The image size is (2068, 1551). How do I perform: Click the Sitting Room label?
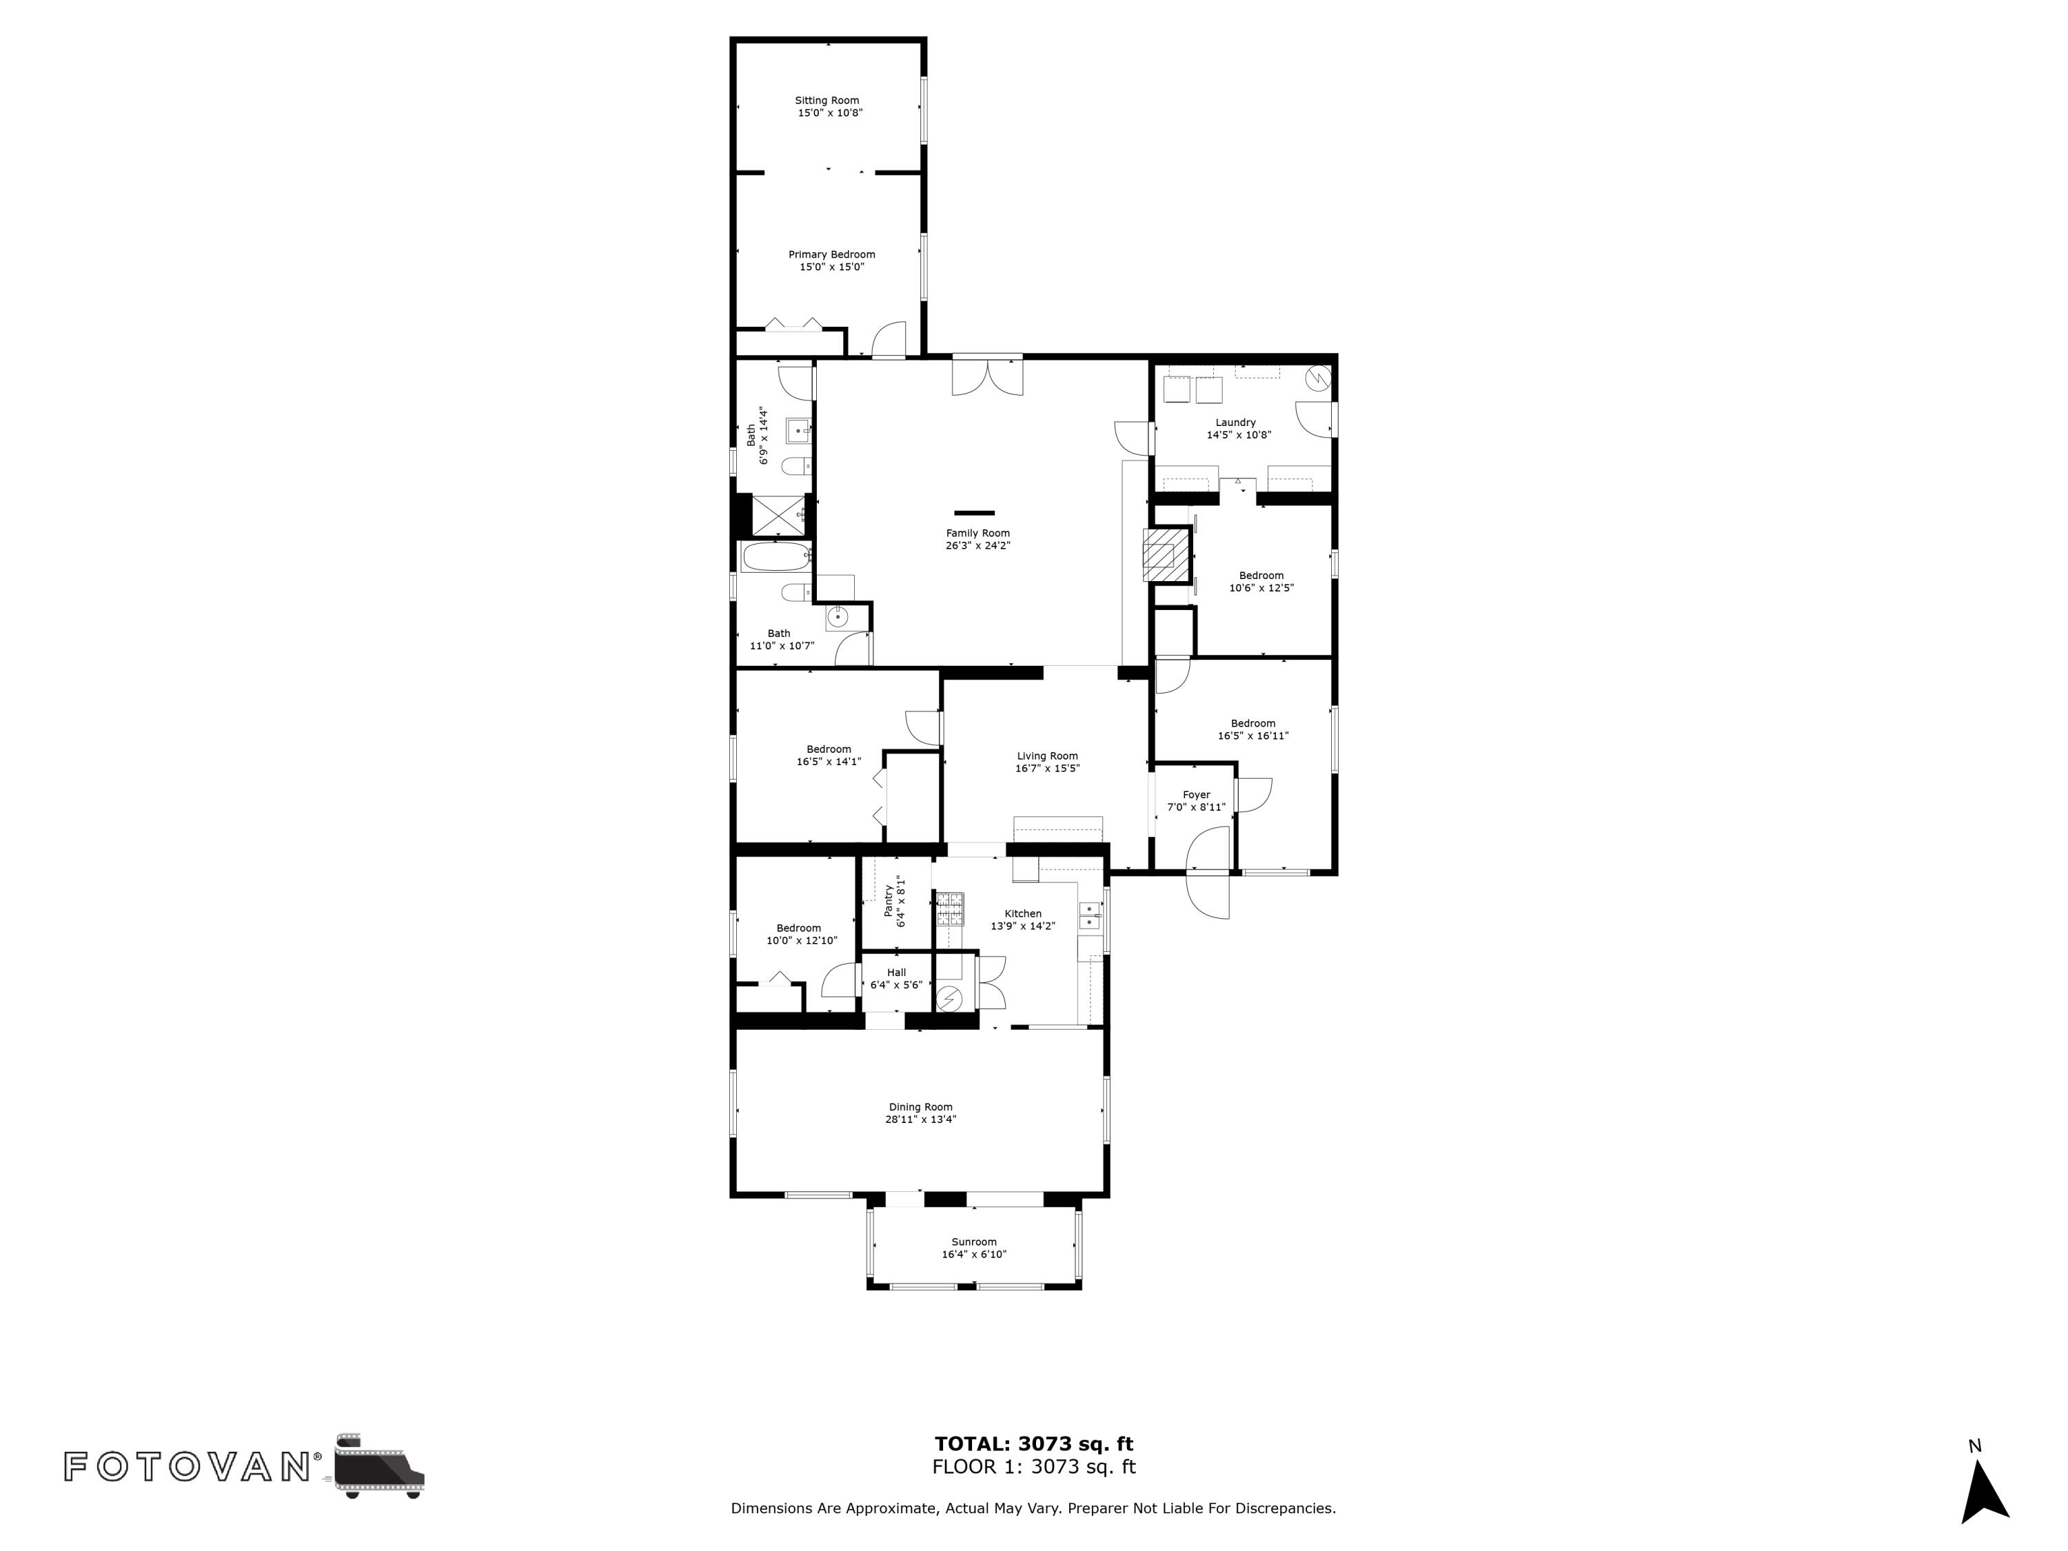827,101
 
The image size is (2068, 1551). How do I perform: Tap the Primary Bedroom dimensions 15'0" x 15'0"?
832,267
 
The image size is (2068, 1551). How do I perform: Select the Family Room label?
978,534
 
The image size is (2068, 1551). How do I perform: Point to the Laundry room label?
1236,423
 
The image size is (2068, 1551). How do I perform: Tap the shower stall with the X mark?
777,515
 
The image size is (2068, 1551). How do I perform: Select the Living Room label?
1047,756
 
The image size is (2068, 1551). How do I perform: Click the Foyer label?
1197,795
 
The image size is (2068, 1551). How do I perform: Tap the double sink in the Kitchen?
1090,915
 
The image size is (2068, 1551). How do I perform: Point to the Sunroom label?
974,1242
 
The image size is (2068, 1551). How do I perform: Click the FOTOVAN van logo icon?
378,1465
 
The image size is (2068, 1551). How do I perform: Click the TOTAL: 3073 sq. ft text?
1034,1444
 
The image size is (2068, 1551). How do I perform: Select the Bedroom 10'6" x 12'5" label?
1261,576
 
